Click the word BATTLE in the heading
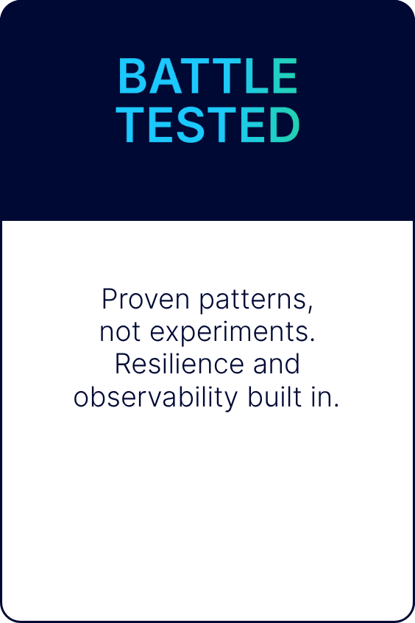pyautogui.click(x=207, y=76)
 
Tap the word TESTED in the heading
pyautogui.click(x=207, y=124)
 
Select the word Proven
pyautogui.click(x=146, y=299)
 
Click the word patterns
pyautogui.click(x=256, y=300)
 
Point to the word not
pyautogui.click(x=120, y=332)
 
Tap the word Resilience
pyautogui.click(x=179, y=364)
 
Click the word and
pyautogui.click(x=277, y=364)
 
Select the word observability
pyautogui.click(x=155, y=398)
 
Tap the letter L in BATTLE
pyautogui.click(x=258, y=76)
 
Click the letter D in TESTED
pyautogui.click(x=284, y=124)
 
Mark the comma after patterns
pyautogui.click(x=311, y=308)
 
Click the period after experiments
pyautogui.click(x=312, y=339)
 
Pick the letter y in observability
pyautogui.click(x=230, y=401)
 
